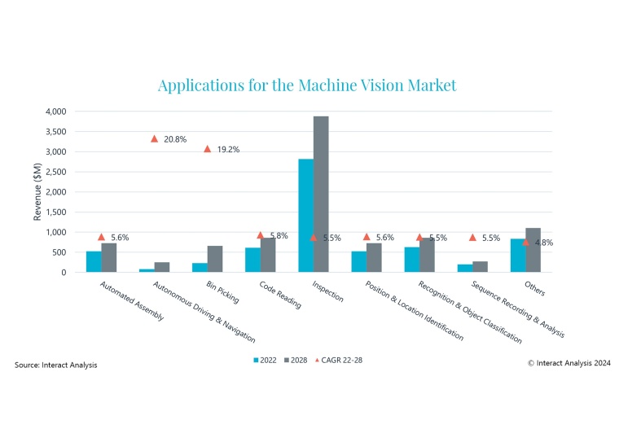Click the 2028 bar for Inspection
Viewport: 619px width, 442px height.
coord(321,195)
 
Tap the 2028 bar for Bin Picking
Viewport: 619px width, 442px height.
coord(215,259)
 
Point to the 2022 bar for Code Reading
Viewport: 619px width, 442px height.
coord(252,260)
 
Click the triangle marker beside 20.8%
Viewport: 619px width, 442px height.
coord(154,138)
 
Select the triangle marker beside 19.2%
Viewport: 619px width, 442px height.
coord(207,149)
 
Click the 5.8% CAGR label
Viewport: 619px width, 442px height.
coord(279,235)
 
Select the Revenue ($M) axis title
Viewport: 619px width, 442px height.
coord(37,191)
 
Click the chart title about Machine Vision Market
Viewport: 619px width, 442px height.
coord(307,85)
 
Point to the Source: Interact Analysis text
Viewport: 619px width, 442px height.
coord(56,365)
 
